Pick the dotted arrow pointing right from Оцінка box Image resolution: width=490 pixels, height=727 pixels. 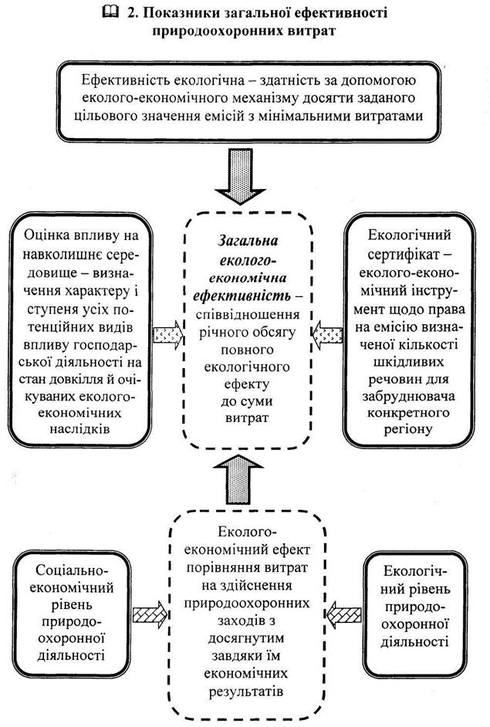[168, 334]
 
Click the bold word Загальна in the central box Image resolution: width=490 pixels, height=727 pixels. [244, 240]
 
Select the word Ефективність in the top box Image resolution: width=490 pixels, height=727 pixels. [121, 80]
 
